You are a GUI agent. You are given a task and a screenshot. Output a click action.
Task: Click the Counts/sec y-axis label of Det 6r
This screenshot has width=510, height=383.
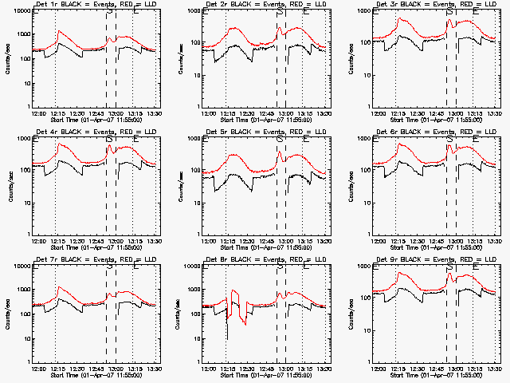coord(350,186)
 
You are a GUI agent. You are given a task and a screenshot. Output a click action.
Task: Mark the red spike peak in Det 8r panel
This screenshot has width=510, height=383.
coord(233,291)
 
